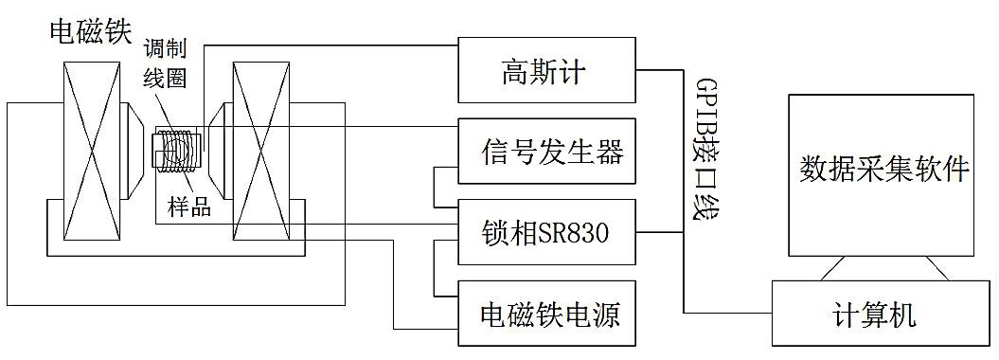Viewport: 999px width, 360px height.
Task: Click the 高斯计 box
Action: tap(546, 71)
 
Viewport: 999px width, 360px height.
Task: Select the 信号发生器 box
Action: tap(546, 152)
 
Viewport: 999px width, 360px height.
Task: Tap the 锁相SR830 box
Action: tap(546, 230)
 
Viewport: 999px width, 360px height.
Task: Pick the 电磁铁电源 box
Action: tap(546, 312)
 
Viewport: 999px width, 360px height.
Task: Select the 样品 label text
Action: tap(189, 207)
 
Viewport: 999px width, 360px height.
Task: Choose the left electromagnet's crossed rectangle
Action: tap(91, 152)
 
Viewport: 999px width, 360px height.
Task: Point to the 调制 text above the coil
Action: tap(162, 46)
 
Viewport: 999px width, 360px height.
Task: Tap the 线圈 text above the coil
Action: tap(162, 80)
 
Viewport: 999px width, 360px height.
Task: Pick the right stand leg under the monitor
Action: tap(937, 270)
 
